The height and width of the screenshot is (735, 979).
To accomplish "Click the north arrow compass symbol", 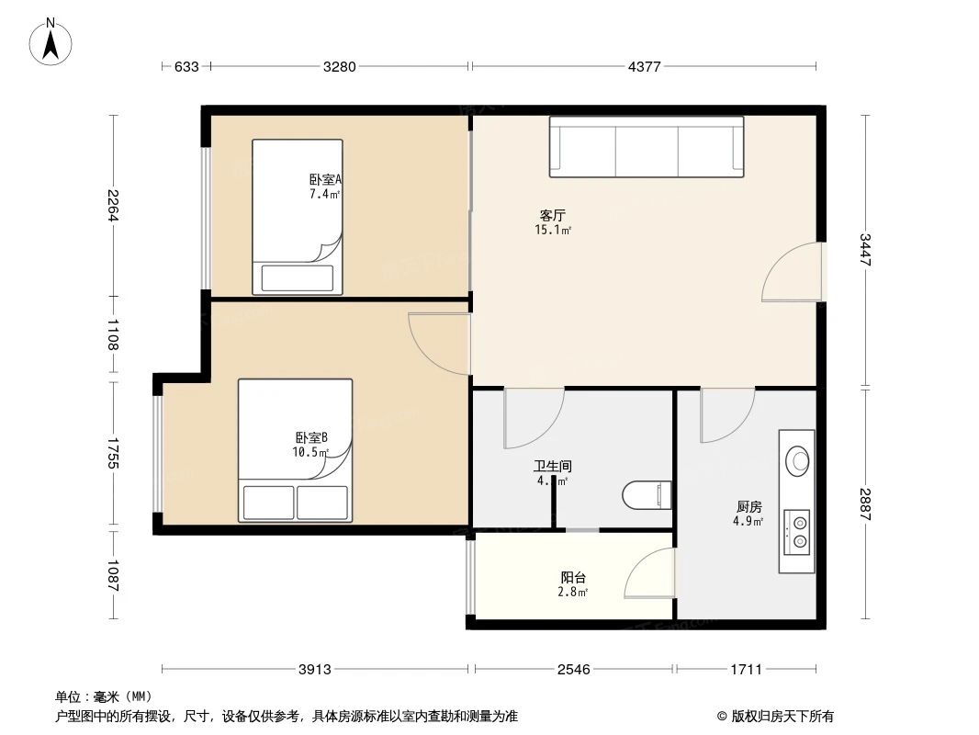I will tap(51, 40).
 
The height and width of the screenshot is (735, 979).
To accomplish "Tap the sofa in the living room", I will tap(647, 146).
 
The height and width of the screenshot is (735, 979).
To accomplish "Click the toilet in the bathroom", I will tap(647, 495).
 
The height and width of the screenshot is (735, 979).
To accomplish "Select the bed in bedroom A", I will tap(298, 217).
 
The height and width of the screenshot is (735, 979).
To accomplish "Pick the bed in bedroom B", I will tap(295, 450).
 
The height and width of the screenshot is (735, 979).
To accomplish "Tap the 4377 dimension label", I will tap(644, 66).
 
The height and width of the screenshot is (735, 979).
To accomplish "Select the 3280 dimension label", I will tap(340, 66).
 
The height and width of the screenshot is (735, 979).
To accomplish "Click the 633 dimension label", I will tap(186, 66).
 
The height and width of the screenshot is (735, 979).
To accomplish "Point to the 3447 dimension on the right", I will tap(864, 250).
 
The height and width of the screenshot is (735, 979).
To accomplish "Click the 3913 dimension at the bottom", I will tap(315, 670).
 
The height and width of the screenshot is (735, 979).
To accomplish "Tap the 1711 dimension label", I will tap(747, 670).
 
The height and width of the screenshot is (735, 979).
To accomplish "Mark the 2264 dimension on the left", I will tap(112, 206).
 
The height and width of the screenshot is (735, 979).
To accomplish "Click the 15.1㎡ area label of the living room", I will tap(553, 231).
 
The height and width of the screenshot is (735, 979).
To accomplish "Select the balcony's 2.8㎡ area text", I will tap(573, 593).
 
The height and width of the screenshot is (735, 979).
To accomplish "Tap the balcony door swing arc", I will tap(650, 573).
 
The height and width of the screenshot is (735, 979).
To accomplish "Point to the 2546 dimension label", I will tap(574, 670).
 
